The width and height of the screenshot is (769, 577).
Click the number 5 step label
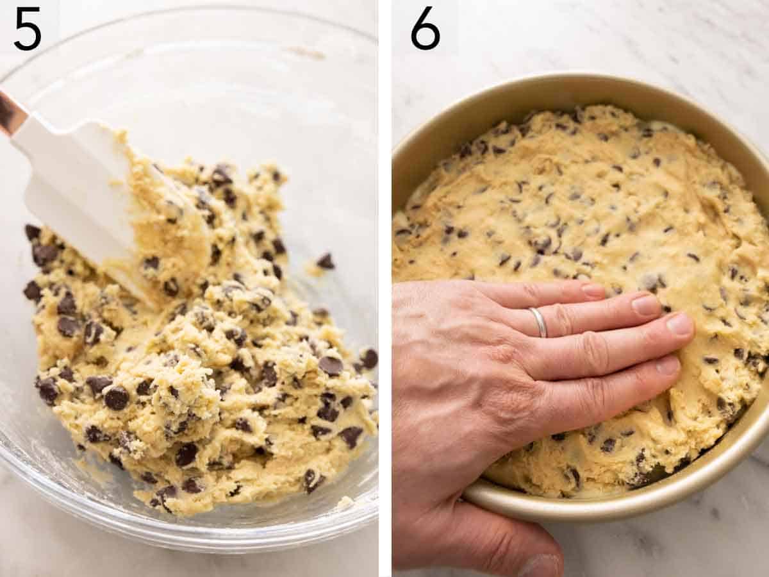pyautogui.click(x=28, y=29)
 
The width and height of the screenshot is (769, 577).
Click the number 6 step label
pyautogui.click(x=426, y=29)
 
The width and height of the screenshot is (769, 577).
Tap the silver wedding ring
pyautogui.click(x=538, y=322)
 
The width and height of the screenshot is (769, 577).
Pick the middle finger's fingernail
pyautogui.click(x=679, y=324)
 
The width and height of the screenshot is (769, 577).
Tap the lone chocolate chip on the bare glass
pyautogui.click(x=326, y=261)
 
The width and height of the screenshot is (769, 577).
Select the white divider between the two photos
pyautogui.click(x=384, y=288)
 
